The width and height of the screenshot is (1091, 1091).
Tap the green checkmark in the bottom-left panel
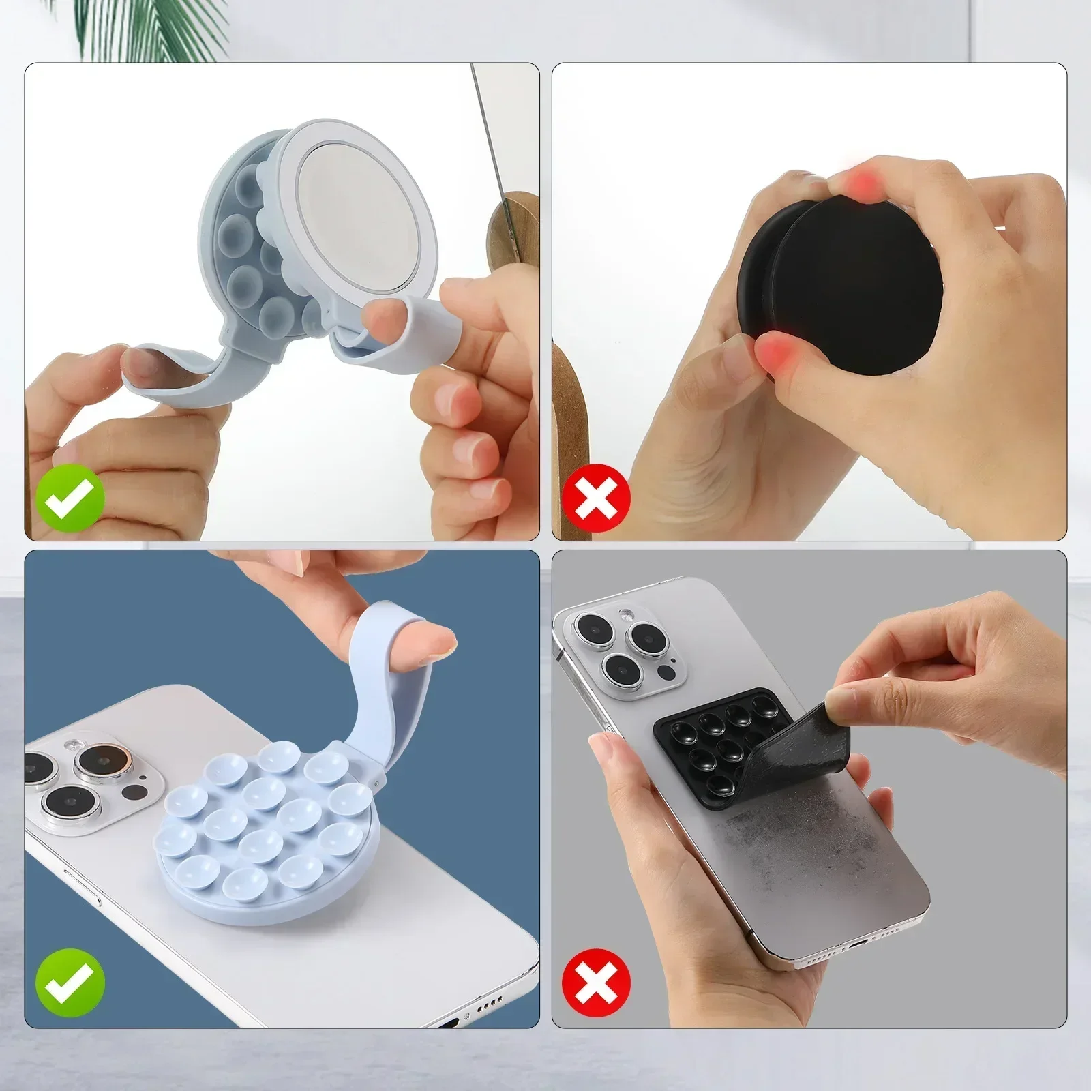click(70, 982)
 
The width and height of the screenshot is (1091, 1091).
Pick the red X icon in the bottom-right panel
click(596, 982)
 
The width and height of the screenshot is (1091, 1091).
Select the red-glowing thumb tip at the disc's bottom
click(777, 351)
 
